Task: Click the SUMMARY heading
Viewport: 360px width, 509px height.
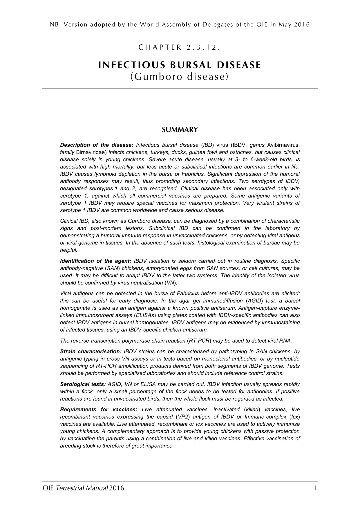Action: pos(180,130)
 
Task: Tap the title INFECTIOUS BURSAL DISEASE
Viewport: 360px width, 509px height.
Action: pos(180,65)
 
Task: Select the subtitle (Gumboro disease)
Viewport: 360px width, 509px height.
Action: pos(180,77)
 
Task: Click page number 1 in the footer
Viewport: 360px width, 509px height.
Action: pos(315,488)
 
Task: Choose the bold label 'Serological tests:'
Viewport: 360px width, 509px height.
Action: pos(83,385)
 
